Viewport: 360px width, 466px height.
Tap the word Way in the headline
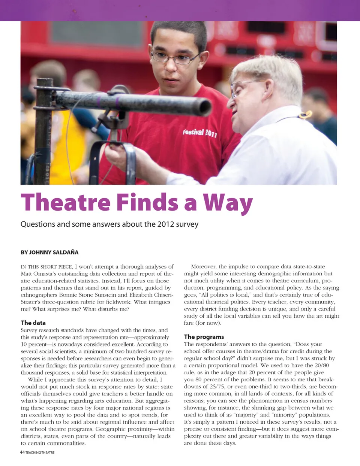228,203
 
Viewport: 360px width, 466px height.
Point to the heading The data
33,323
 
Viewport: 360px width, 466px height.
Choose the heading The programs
204,337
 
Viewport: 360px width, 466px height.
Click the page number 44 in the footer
22,452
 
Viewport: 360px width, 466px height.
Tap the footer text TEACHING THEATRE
40,453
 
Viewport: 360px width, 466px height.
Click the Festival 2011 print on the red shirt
199,133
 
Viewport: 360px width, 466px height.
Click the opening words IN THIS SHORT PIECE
46,267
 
